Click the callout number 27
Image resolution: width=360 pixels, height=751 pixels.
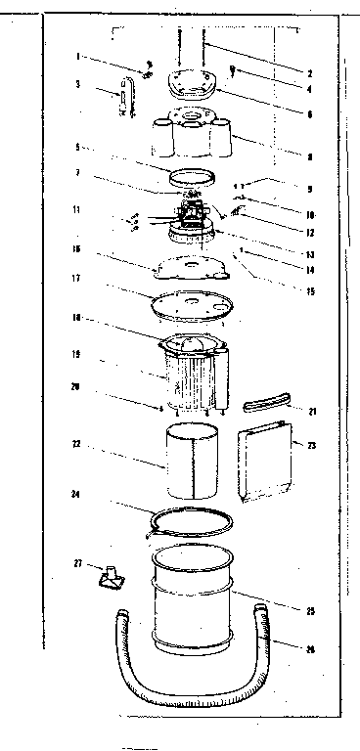(76, 563)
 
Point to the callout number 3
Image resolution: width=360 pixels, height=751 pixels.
(76, 84)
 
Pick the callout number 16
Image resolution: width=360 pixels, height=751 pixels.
(76, 250)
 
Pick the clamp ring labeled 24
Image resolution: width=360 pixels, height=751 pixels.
(191, 519)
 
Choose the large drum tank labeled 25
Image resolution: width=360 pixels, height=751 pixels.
(193, 601)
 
